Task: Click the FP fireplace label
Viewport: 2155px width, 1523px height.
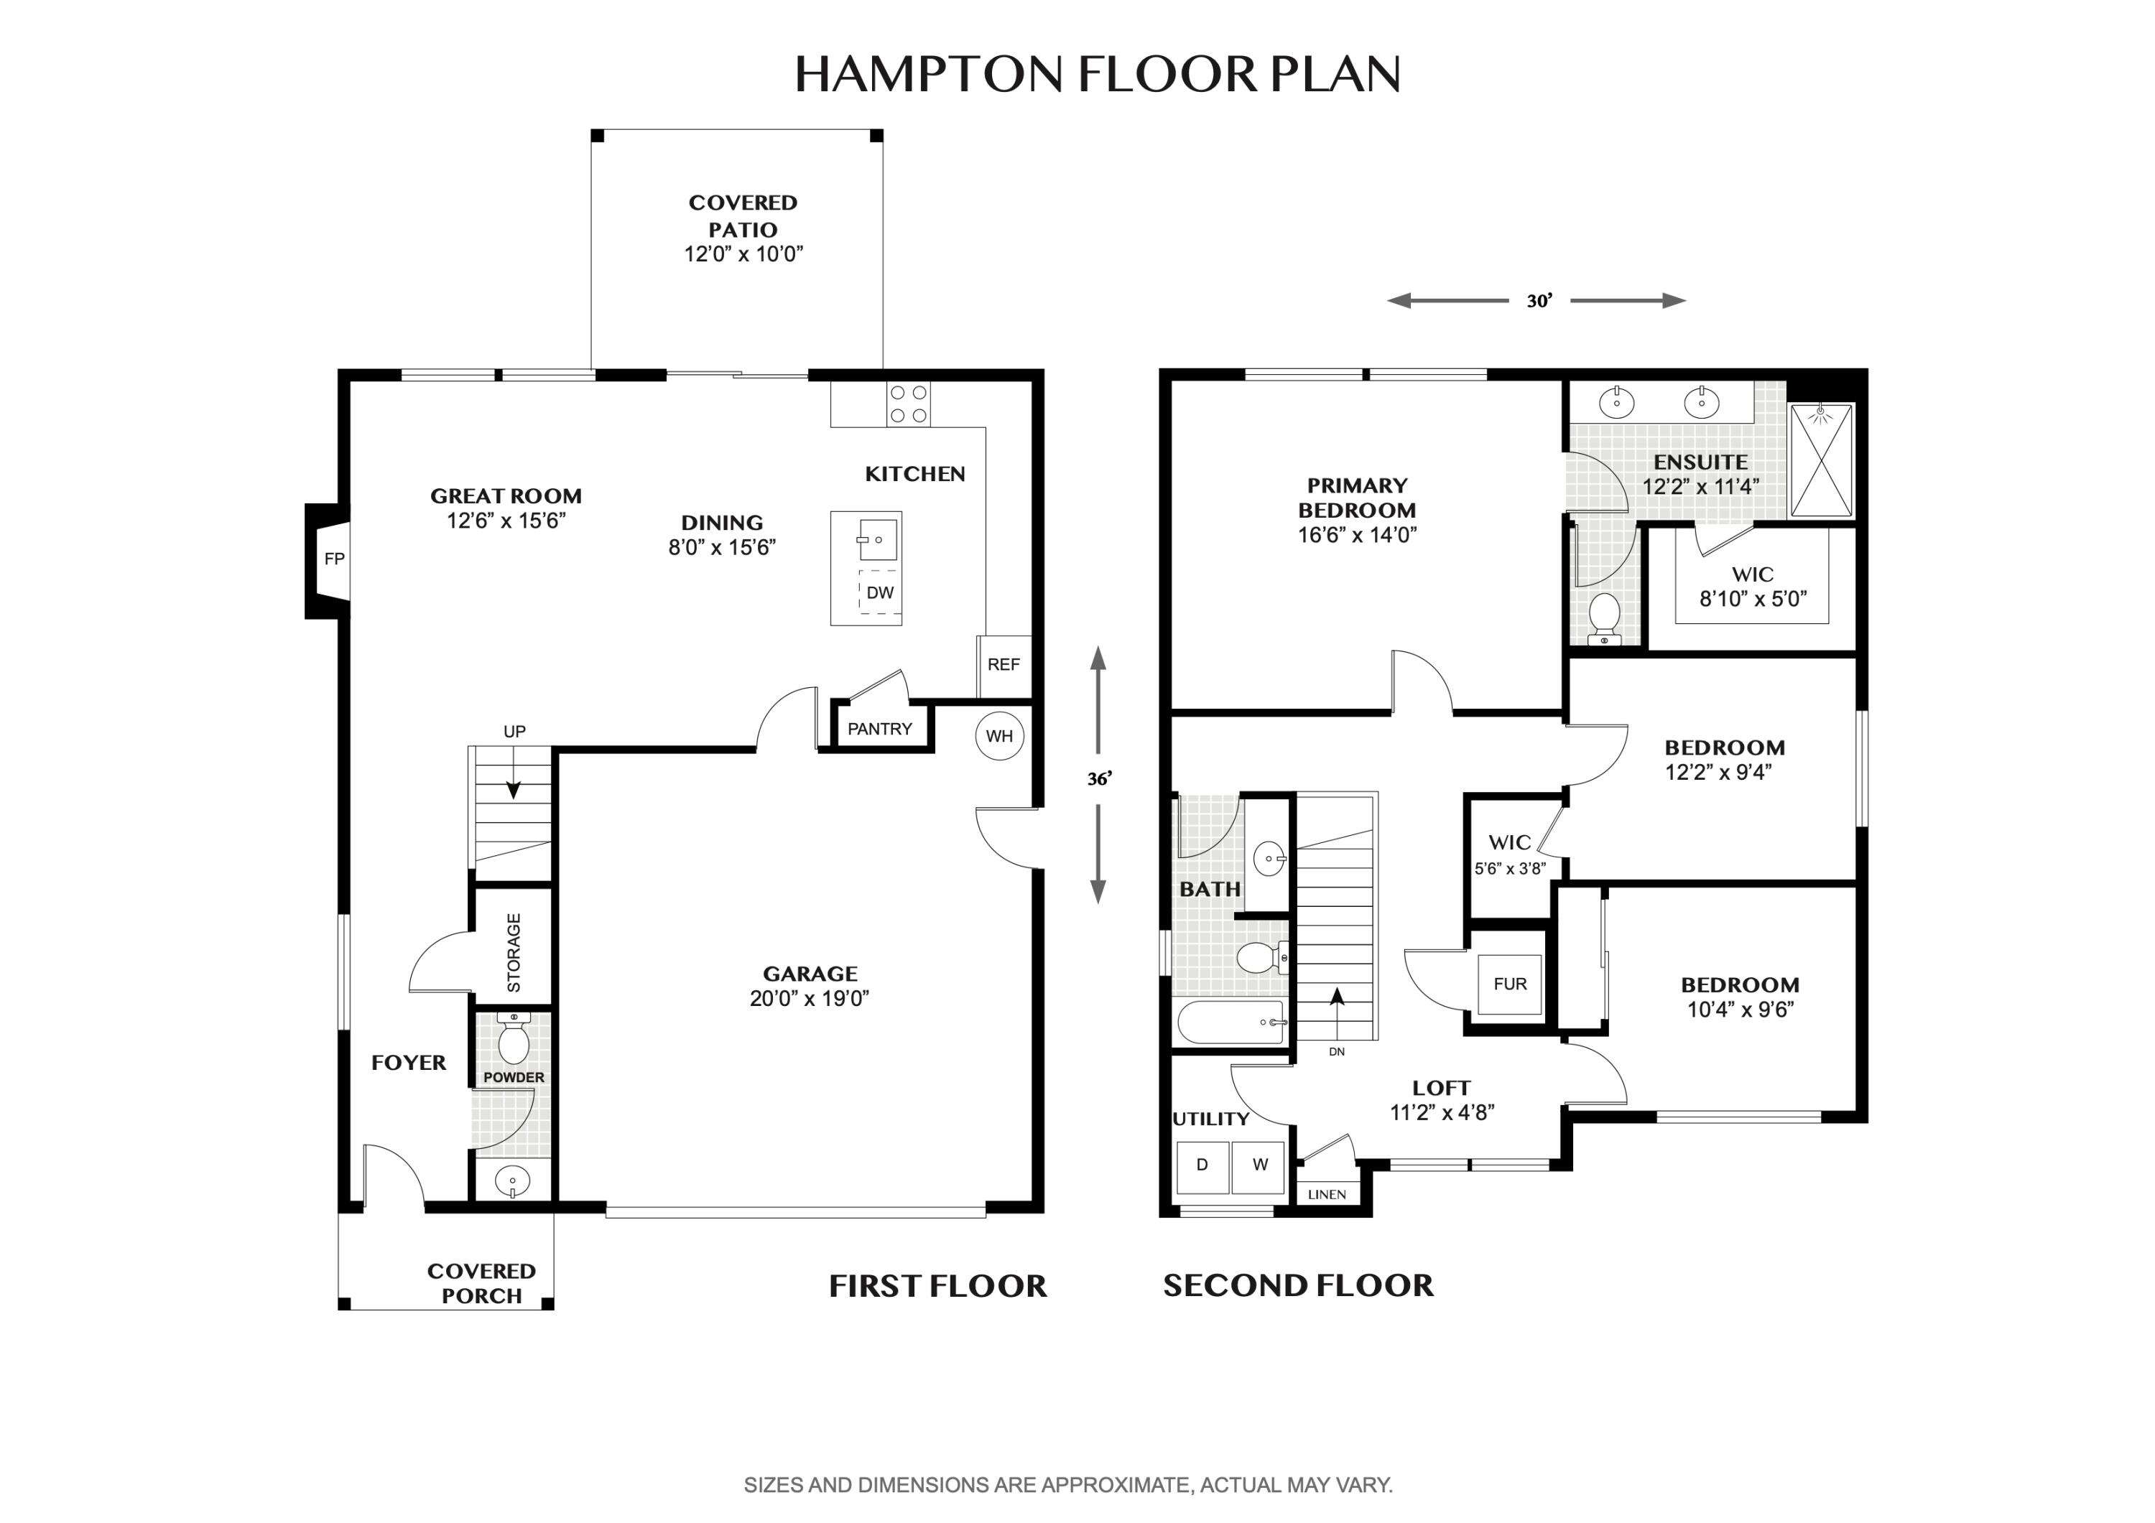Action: pyautogui.click(x=334, y=559)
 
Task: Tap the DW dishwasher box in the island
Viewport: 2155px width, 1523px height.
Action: pyautogui.click(x=879, y=592)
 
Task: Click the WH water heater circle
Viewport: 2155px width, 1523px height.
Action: pyautogui.click(x=998, y=737)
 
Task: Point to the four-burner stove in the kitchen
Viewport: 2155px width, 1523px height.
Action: pyautogui.click(x=908, y=404)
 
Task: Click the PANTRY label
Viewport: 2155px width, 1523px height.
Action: pyautogui.click(x=879, y=729)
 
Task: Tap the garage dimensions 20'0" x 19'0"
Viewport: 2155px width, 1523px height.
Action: pyautogui.click(x=809, y=998)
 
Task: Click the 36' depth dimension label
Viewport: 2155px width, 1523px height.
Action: pyautogui.click(x=1099, y=779)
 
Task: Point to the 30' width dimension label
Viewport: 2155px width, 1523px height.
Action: pyautogui.click(x=1539, y=301)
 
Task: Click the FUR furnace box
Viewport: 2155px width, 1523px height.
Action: pyautogui.click(x=1510, y=984)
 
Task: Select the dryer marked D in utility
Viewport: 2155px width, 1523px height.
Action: pyautogui.click(x=1202, y=1165)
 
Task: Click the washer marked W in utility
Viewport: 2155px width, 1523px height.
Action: pyautogui.click(x=1259, y=1165)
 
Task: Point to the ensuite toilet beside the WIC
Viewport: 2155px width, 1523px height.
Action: pyautogui.click(x=1605, y=617)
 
